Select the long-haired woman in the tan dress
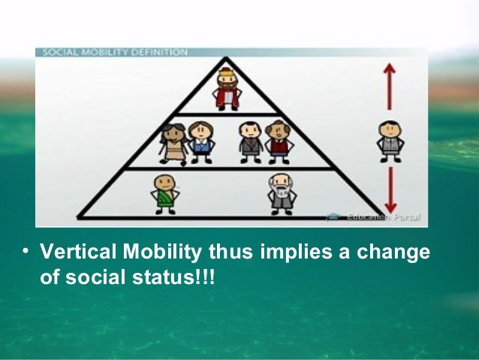click(x=173, y=143)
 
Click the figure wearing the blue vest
click(x=200, y=142)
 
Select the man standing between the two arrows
click(x=390, y=141)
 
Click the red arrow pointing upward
click(x=390, y=86)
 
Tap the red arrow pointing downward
click(x=390, y=191)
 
